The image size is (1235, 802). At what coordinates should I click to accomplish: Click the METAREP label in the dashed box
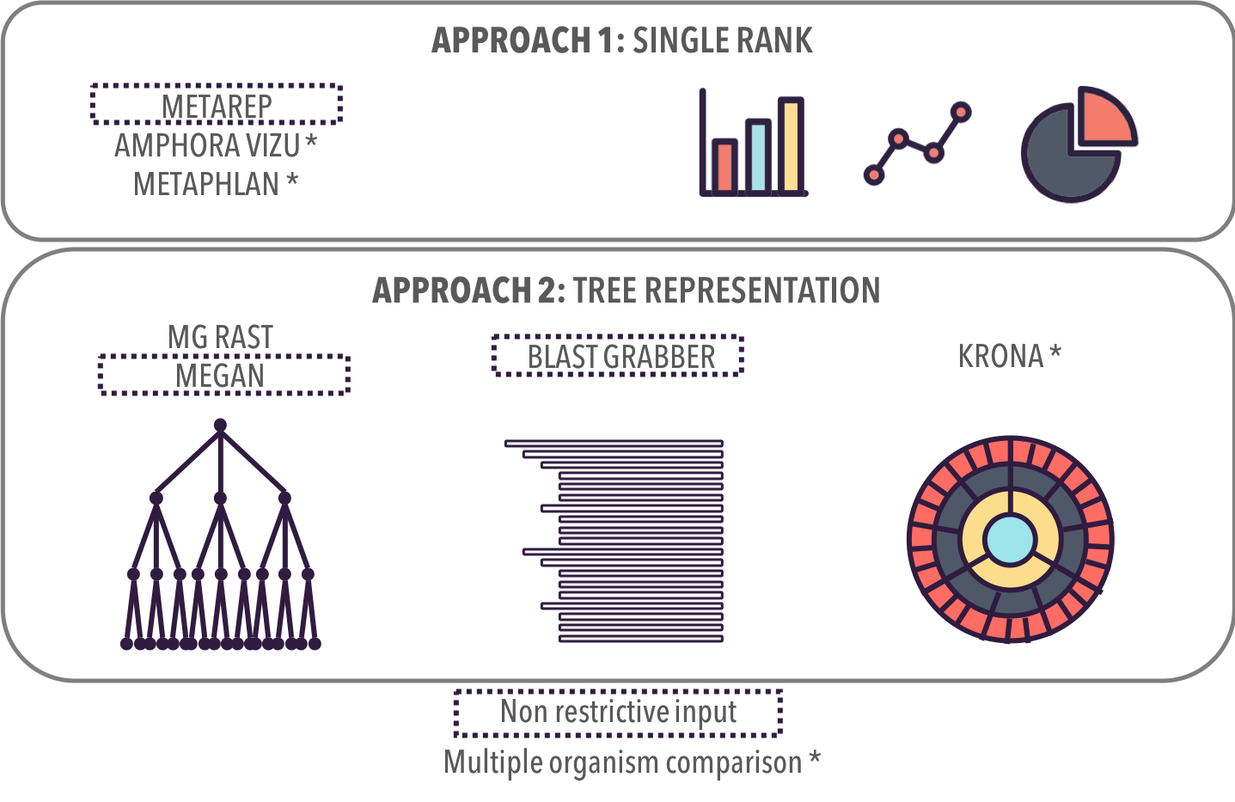pyautogui.click(x=217, y=107)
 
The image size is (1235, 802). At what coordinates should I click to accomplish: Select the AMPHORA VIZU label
pyautogui.click(x=207, y=146)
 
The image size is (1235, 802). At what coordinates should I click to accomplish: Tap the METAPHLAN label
pyautogui.click(x=206, y=184)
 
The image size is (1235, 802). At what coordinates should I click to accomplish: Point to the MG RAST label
pyautogui.click(x=220, y=337)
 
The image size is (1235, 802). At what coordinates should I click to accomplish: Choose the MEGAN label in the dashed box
pyautogui.click(x=220, y=376)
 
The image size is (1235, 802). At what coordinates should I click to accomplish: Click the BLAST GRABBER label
pyautogui.click(x=621, y=357)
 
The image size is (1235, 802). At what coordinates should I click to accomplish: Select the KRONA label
pyautogui.click(x=1000, y=356)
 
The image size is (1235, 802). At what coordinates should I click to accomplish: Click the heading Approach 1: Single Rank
pyautogui.click(x=621, y=40)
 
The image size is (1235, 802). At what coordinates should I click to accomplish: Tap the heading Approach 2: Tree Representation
pyautogui.click(x=626, y=291)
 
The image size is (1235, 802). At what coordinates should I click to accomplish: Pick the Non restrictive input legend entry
pyautogui.click(x=618, y=712)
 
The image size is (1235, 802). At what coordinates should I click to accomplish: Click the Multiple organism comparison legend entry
pyautogui.click(x=622, y=762)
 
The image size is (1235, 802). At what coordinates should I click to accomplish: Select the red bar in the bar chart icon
pyautogui.click(x=724, y=166)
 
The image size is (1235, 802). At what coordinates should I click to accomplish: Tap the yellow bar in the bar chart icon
pyautogui.click(x=791, y=145)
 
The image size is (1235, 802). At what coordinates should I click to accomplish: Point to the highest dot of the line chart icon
pyautogui.click(x=962, y=112)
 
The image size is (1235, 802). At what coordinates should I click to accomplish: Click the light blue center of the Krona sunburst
pyautogui.click(x=1010, y=540)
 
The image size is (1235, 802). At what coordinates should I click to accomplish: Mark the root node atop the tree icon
pyautogui.click(x=220, y=425)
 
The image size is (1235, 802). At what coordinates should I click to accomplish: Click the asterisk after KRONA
pyautogui.click(x=1055, y=352)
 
